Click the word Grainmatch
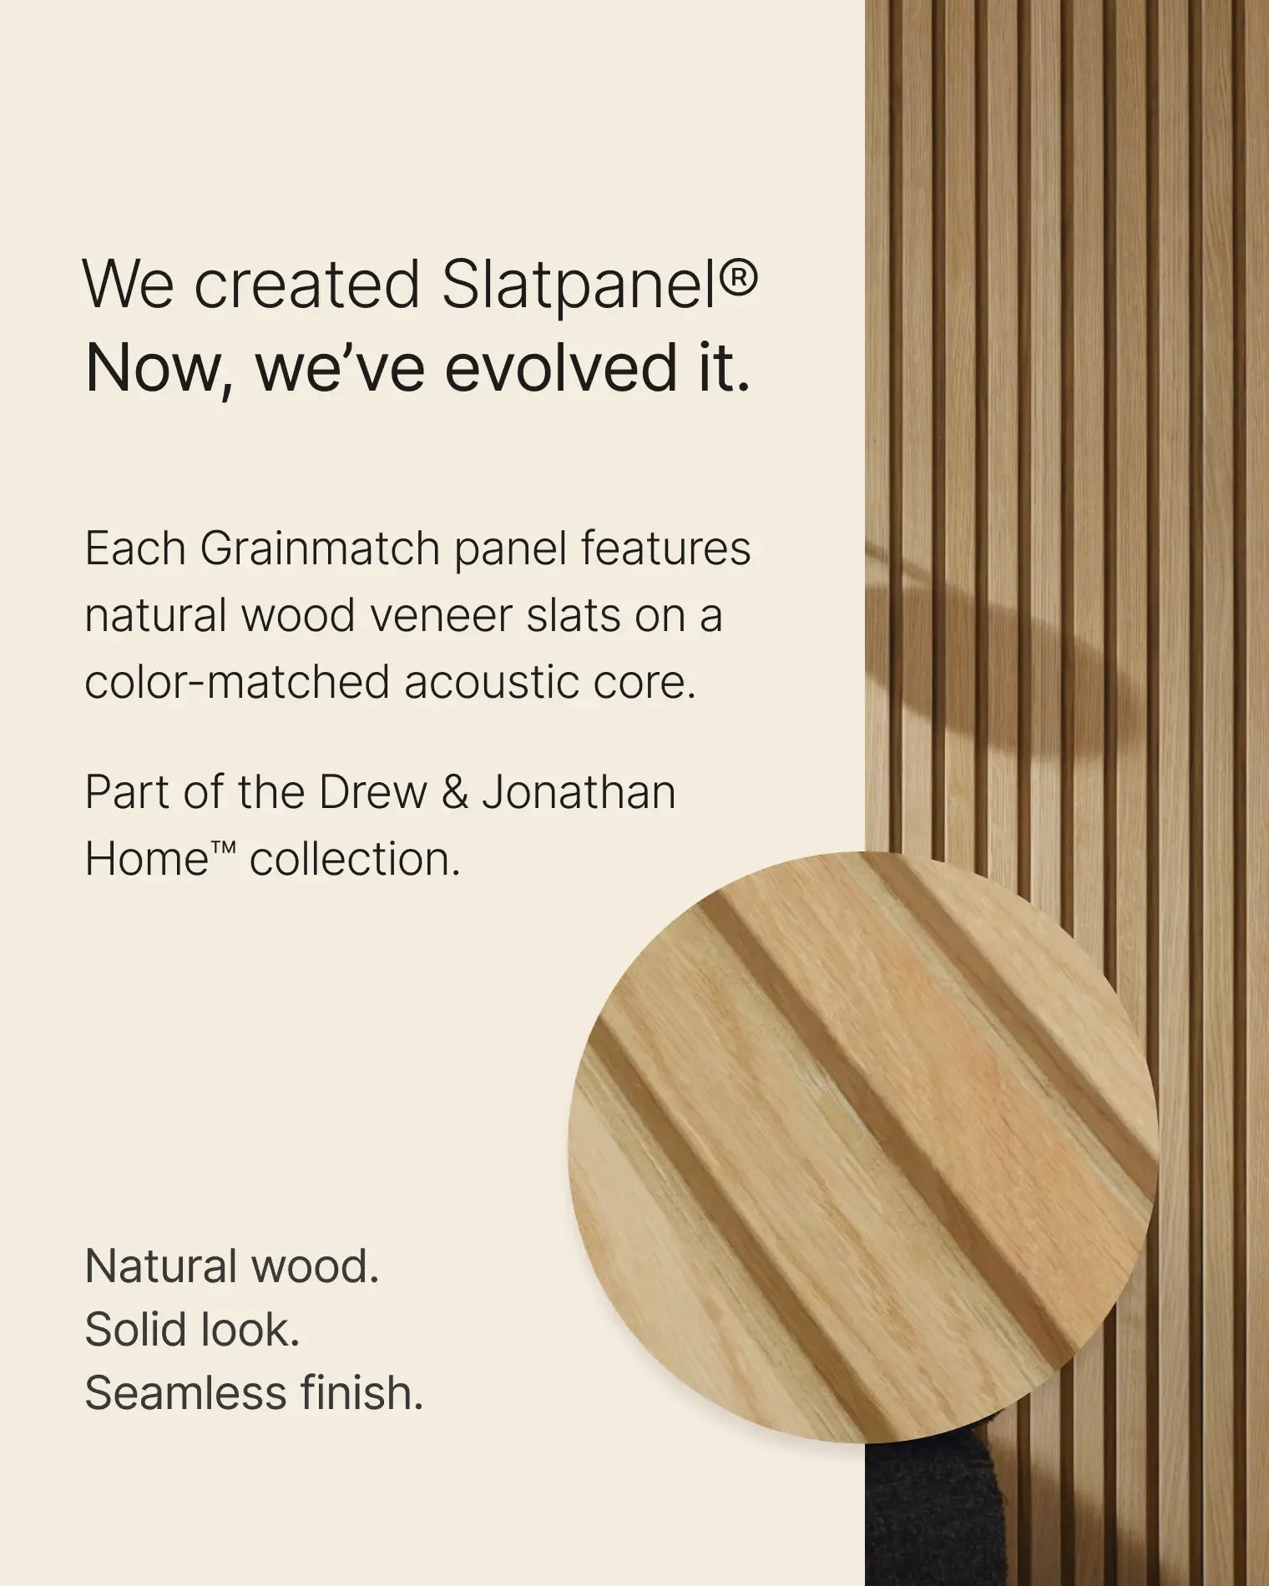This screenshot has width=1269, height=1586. [321, 549]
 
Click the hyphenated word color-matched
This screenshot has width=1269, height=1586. [236, 683]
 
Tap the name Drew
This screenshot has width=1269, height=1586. [372, 792]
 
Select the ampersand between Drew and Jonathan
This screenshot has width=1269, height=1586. [454, 792]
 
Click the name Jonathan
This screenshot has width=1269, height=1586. [579, 792]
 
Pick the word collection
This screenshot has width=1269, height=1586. [355, 859]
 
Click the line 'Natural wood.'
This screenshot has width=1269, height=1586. [231, 1266]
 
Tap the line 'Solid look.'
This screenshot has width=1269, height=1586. [191, 1330]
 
